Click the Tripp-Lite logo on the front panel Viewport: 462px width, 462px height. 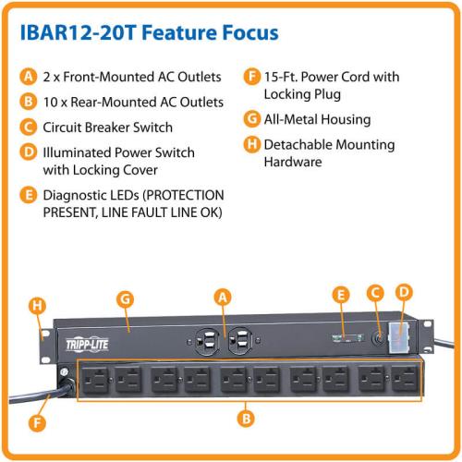point(87,345)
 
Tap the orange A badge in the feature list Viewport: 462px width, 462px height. point(29,77)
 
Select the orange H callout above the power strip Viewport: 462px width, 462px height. point(37,306)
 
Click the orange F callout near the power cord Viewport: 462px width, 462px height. point(37,422)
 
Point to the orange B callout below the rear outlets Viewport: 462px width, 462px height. point(246,419)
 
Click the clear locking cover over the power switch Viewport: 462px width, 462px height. point(399,337)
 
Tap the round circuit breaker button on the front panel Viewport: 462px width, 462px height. point(379,338)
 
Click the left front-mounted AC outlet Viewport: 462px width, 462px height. point(207,340)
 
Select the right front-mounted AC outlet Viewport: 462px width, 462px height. point(240,340)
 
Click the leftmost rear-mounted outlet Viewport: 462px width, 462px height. point(95,380)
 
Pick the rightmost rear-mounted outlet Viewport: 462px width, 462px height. point(406,379)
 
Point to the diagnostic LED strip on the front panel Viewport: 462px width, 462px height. point(347,337)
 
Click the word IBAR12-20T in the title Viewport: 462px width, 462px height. point(78,32)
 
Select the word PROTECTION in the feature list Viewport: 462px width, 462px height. point(184,195)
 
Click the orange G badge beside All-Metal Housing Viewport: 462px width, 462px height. point(252,119)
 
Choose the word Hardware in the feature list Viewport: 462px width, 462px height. point(293,162)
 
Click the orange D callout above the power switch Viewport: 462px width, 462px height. point(404,292)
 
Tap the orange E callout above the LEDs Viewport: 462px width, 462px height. point(341,295)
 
